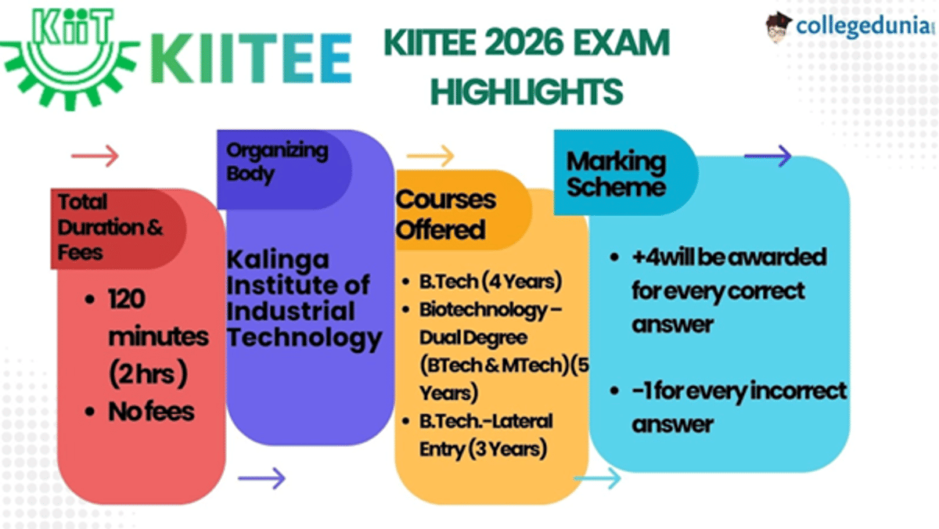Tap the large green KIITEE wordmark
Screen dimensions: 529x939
point(250,59)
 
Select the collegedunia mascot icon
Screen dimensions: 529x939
point(778,27)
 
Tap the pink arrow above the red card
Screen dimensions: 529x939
point(95,156)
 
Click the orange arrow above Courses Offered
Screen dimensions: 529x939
point(430,156)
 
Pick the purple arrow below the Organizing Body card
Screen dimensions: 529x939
point(261,477)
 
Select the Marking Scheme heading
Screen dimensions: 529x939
point(616,174)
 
